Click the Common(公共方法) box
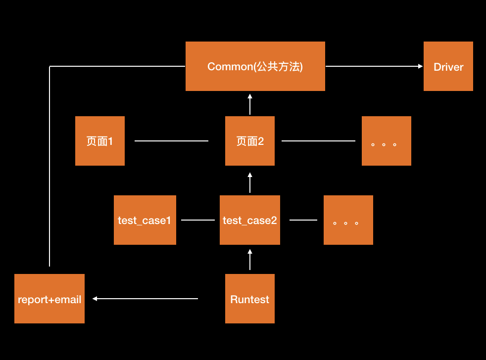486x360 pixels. tap(255, 66)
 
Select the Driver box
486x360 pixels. tap(448, 66)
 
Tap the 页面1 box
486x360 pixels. tap(99, 141)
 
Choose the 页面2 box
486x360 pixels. tap(249, 141)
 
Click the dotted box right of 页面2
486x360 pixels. tap(386, 141)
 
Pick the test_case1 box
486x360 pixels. tap(145, 220)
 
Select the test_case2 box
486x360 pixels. tap(249, 220)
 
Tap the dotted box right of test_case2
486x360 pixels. tap(348, 220)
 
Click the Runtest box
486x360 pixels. tap(249, 299)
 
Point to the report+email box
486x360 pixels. tap(49, 299)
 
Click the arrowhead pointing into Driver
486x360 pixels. tap(420, 66)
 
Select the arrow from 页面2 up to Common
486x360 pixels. tap(250, 104)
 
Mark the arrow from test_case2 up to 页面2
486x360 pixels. tap(250, 182)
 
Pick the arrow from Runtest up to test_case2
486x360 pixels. tap(250, 260)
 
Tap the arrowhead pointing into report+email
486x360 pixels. tap(95, 299)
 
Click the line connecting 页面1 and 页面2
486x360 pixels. tap(171, 141)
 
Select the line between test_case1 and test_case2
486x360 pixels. tap(198, 220)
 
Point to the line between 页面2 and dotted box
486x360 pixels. tap(318, 141)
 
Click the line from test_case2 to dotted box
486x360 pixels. tap(303, 220)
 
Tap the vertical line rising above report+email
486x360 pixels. tap(49, 168)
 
